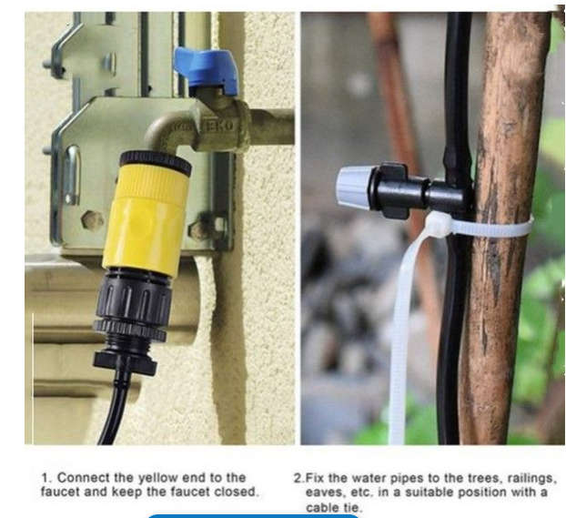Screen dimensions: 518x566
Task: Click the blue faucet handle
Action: pyautogui.click(x=207, y=69)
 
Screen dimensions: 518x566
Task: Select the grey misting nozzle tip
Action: pyautogui.click(x=354, y=186)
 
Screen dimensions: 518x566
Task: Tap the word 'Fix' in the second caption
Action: pyautogui.click(x=315, y=477)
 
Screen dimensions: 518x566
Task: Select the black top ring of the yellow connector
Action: pyautogui.click(x=156, y=163)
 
